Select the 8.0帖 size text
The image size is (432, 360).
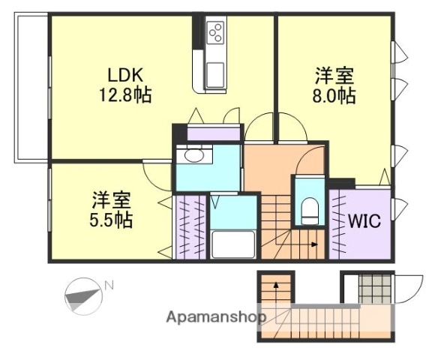pyautogui.click(x=334, y=95)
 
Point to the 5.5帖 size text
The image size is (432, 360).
pyautogui.click(x=112, y=220)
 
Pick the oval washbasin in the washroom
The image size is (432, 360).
pyautogui.click(x=193, y=157)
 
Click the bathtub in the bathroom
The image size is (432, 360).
pyautogui.click(x=232, y=244)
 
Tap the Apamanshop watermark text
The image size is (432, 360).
pyautogui.click(x=216, y=316)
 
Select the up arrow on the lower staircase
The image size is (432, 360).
pyautogui.click(x=275, y=286)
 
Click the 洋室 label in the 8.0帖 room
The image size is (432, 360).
pyautogui.click(x=334, y=75)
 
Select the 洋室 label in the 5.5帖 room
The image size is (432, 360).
pyautogui.click(x=112, y=199)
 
